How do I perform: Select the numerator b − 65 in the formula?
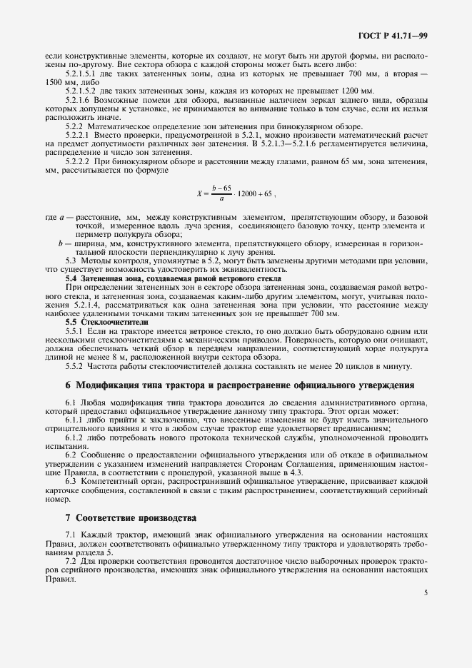click(224, 187)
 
